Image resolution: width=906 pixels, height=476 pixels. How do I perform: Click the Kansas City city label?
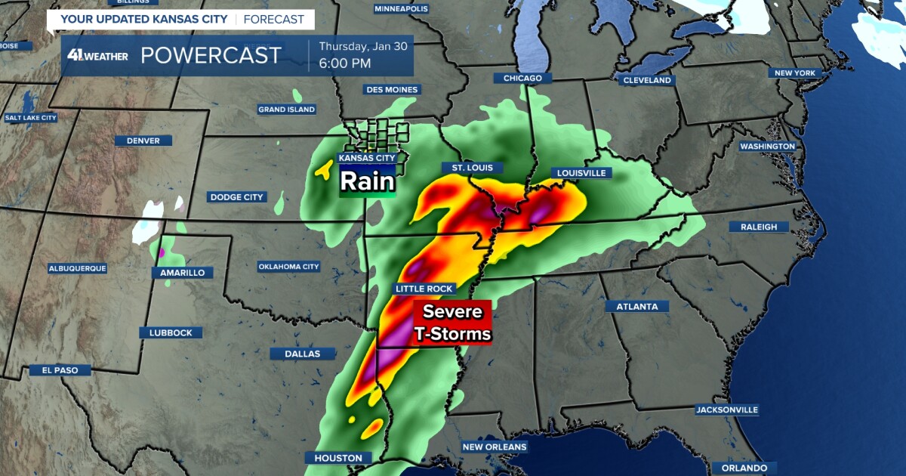pyautogui.click(x=367, y=158)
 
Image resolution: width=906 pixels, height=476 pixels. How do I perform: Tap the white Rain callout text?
pyautogui.click(x=367, y=181)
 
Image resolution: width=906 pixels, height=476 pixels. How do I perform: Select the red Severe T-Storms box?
pyautogui.click(x=451, y=323)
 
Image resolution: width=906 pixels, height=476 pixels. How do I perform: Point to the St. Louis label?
pyautogui.click(x=472, y=168)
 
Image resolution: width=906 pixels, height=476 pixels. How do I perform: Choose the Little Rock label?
pyautogui.click(x=424, y=289)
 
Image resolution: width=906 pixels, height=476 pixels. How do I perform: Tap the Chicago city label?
pyautogui.click(x=522, y=79)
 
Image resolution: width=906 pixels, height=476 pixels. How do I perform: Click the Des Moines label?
pyautogui.click(x=392, y=89)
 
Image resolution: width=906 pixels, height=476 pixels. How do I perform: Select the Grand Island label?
pyautogui.click(x=287, y=110)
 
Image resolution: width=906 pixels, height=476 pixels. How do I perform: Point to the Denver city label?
pyautogui.click(x=143, y=141)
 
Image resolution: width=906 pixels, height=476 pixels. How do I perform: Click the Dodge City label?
pyautogui.click(x=237, y=197)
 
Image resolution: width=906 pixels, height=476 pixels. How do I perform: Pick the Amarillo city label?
pyautogui.click(x=182, y=273)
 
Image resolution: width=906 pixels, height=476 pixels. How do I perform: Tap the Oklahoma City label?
pyautogui.click(x=289, y=267)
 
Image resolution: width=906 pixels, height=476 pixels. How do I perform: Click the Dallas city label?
pyautogui.click(x=303, y=354)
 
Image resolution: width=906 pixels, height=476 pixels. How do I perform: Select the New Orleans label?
pyautogui.click(x=495, y=447)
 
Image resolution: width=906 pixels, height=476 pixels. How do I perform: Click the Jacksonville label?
pyautogui.click(x=727, y=410)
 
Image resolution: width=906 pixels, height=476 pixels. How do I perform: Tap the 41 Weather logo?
pyautogui.click(x=97, y=55)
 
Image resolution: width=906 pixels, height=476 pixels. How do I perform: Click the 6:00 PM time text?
pyautogui.click(x=345, y=63)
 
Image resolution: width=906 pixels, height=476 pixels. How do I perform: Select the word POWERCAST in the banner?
pyautogui.click(x=211, y=55)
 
